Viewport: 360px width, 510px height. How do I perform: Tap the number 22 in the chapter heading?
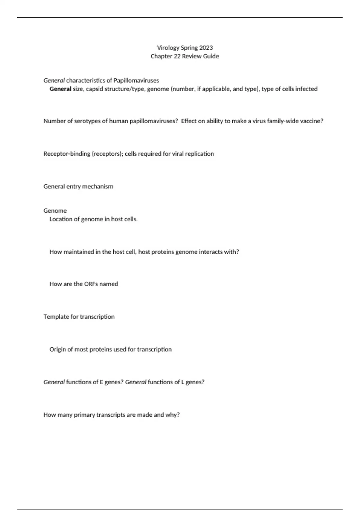coord(177,56)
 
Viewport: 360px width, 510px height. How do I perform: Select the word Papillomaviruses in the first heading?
coord(136,80)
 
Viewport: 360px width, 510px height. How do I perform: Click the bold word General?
coord(60,89)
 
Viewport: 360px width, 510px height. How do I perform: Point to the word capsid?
coord(94,89)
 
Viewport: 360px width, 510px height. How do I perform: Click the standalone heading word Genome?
coord(55,211)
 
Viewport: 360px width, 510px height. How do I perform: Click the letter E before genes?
coord(101,382)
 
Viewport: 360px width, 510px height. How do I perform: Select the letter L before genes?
coord(183,382)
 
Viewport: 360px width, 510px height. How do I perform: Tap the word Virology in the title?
coord(168,48)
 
